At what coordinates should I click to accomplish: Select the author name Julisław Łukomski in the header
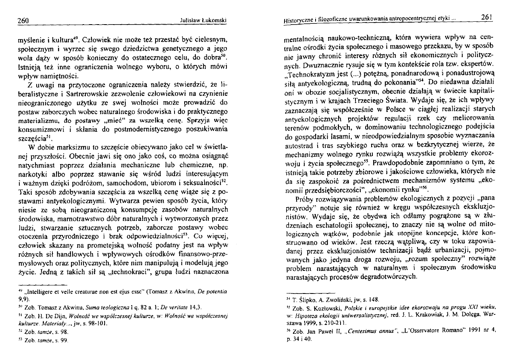coord(204,20)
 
